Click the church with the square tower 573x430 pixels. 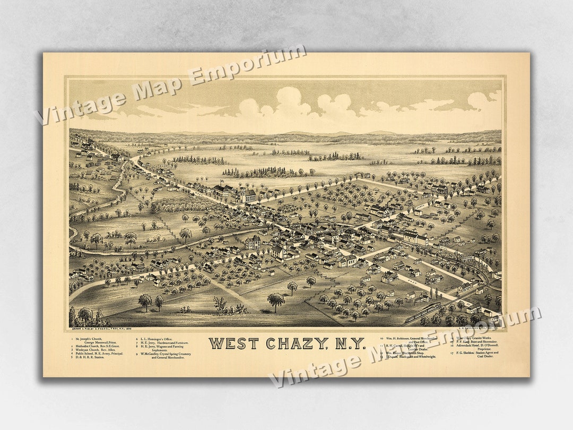tap(246, 194)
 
